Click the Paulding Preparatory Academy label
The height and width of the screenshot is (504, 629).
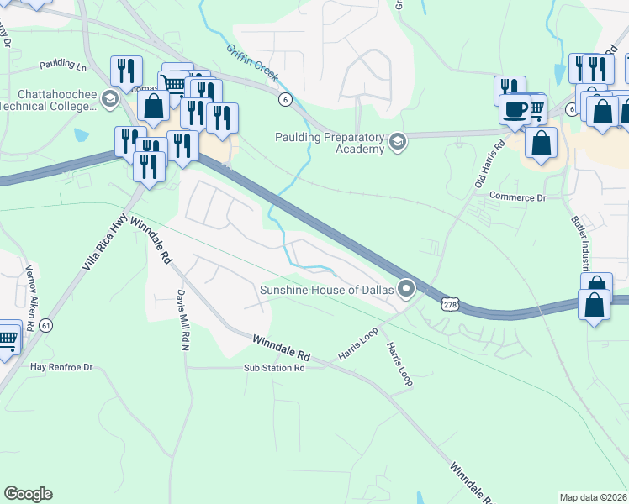coord(329,144)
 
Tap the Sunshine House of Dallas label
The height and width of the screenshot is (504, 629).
coord(326,290)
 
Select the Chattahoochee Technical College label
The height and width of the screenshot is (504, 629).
coord(48,100)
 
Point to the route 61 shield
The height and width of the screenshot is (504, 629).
coord(45,325)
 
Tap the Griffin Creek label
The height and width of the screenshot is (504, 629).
coord(252,63)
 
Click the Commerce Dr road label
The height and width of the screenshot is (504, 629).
coord(518,197)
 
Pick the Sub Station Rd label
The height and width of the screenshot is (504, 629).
coord(274,368)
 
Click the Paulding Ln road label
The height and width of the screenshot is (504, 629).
coord(63,65)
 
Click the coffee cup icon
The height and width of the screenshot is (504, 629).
coord(515,108)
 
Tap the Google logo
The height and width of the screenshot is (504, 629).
coord(28,494)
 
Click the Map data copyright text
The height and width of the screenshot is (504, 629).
coord(593,497)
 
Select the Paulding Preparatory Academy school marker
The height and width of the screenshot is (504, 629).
coord(398,144)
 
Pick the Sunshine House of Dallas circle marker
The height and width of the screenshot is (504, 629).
coord(407,290)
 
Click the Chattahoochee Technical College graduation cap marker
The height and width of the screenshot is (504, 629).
coord(109,100)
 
